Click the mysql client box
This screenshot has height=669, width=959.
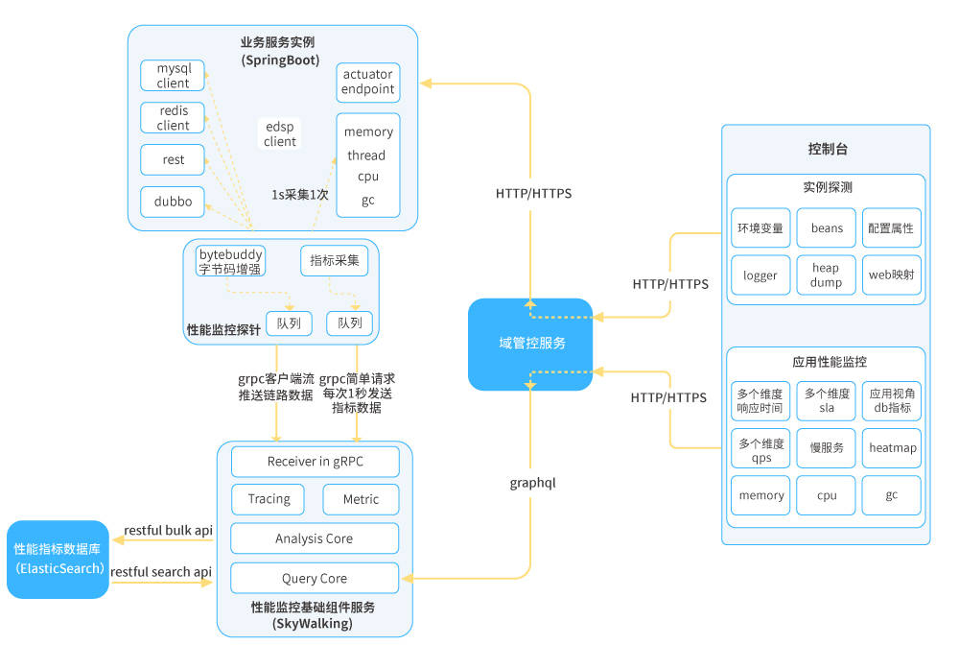(x=173, y=76)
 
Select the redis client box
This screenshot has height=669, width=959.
(x=173, y=118)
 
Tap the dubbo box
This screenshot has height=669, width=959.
(x=173, y=202)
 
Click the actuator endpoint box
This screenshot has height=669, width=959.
(x=368, y=83)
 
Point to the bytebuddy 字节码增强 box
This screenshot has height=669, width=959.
(x=230, y=261)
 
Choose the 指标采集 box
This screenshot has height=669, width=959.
(x=334, y=260)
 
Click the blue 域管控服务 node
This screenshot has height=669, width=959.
(x=530, y=344)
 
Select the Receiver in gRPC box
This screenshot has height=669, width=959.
(x=315, y=462)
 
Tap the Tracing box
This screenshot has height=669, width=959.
(x=269, y=499)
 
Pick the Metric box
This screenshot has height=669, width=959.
(x=361, y=499)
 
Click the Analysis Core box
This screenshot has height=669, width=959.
(x=315, y=538)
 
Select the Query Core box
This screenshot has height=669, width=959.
(x=315, y=578)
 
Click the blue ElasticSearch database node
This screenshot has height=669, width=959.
(x=58, y=559)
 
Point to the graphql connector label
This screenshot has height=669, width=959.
(x=532, y=483)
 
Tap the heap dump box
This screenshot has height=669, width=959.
(x=826, y=275)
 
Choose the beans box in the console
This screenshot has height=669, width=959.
(x=826, y=228)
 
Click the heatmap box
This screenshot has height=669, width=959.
(x=892, y=448)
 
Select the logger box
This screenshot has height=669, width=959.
(x=760, y=275)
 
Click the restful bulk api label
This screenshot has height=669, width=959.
(x=168, y=531)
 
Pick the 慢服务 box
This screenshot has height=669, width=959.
(x=826, y=448)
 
